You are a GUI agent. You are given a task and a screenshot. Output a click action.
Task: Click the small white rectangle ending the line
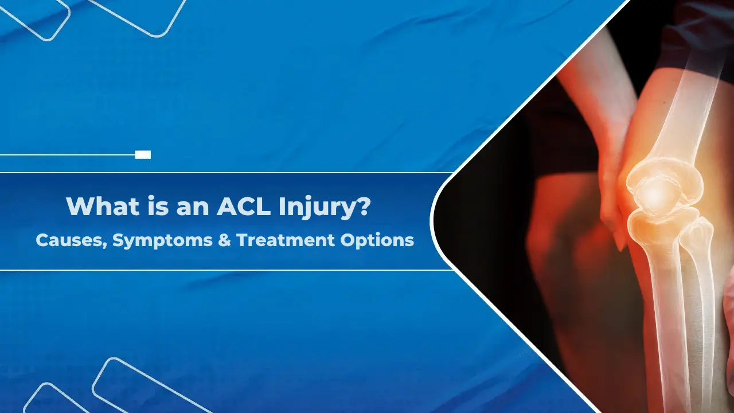coord(143,154)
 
